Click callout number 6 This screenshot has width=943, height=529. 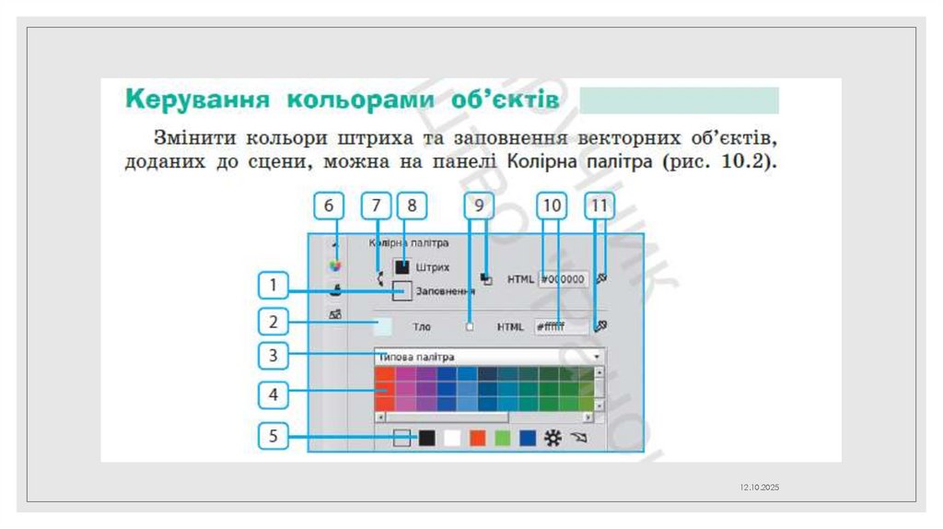point(329,207)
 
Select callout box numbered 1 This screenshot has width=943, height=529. point(273,287)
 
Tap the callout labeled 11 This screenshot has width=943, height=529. point(600,207)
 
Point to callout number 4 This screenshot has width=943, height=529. point(273,395)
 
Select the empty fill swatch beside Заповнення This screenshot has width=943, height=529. point(402,291)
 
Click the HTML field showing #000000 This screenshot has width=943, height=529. point(563,278)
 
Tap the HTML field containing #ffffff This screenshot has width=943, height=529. point(560,326)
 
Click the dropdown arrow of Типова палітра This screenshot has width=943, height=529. point(597,357)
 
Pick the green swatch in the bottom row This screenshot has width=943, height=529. point(502,440)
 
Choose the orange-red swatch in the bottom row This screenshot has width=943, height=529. point(477,440)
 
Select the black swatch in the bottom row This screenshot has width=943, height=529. point(426,440)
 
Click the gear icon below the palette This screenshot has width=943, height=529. point(553,440)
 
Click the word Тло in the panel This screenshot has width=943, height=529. point(422,327)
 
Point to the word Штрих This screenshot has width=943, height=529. point(432,267)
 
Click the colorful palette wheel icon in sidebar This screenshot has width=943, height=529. point(336,265)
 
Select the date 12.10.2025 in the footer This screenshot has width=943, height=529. point(760,486)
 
